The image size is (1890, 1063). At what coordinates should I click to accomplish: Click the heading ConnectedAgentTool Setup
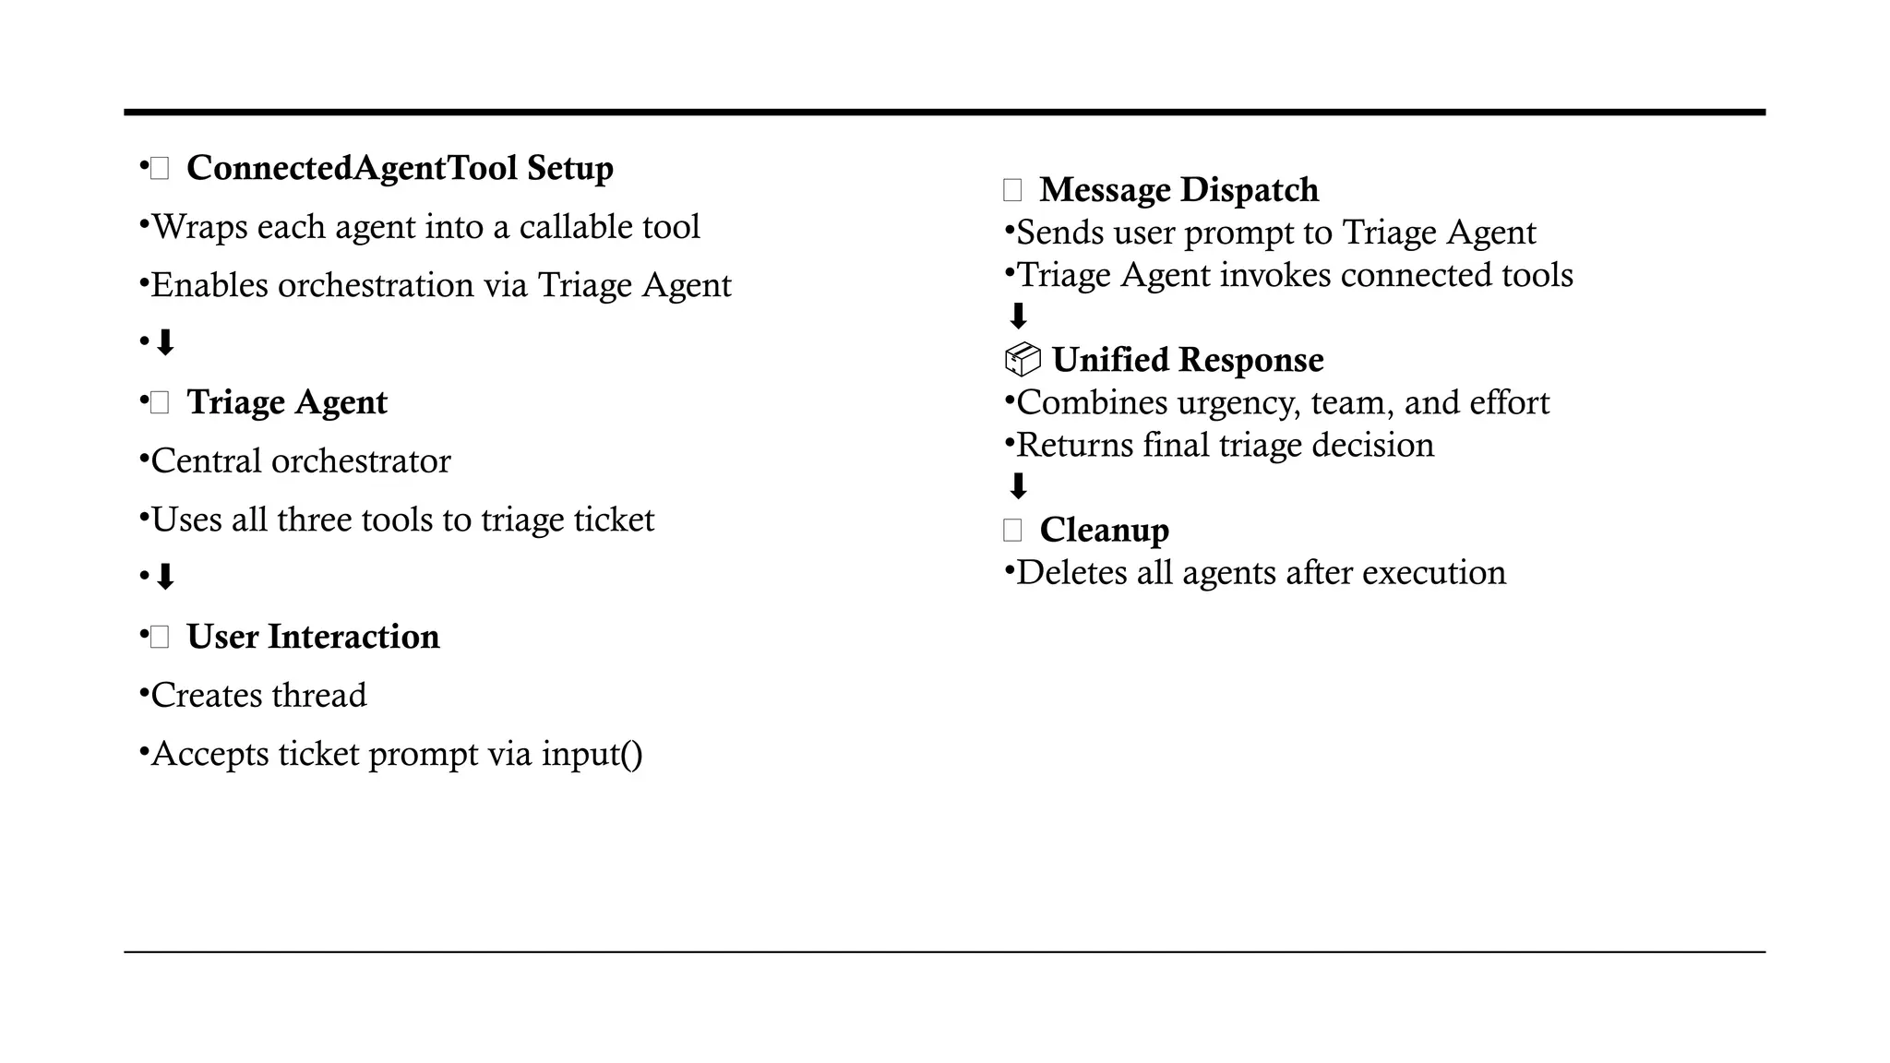pos(400,168)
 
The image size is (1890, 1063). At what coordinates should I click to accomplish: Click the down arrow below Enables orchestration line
pos(165,343)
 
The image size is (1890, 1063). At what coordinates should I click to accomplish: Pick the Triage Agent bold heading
pos(286,402)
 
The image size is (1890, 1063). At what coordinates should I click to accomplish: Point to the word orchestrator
pos(360,461)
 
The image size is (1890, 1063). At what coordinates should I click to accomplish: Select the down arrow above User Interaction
pos(165,578)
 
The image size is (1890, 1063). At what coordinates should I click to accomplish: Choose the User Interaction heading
pos(313,637)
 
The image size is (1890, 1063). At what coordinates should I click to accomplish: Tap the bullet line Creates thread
pos(258,695)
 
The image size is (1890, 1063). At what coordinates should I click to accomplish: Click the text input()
pos(592,754)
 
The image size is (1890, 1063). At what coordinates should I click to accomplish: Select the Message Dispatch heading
pos(1178,189)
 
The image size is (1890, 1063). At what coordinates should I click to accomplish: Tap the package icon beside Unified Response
pos(1022,359)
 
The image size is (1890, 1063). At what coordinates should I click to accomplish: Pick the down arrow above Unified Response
pos(1018,317)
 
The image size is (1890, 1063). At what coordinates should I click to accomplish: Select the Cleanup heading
pos(1104,530)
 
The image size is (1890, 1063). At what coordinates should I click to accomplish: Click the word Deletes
pos(1071,572)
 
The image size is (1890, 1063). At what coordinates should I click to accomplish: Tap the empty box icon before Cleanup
pos(1012,530)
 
